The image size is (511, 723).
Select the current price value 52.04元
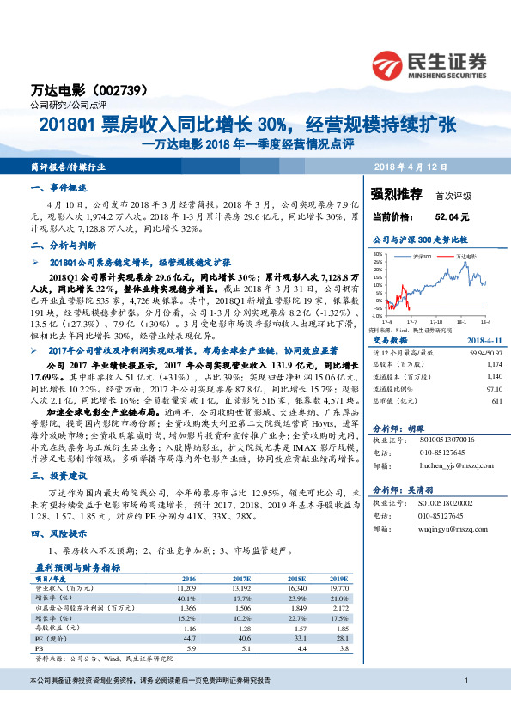(x=452, y=218)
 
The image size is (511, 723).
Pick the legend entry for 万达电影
(x=463, y=257)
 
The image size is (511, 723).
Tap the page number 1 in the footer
(x=465, y=705)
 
